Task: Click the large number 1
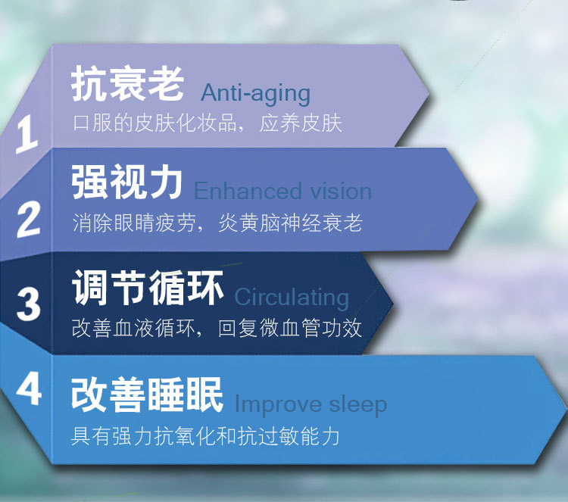(x=27, y=134)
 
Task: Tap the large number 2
(x=29, y=219)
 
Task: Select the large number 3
(x=29, y=304)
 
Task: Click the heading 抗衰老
(x=127, y=84)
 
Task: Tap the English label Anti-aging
(x=256, y=93)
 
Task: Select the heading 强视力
(x=126, y=182)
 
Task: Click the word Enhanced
(x=248, y=191)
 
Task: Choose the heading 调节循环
(x=148, y=288)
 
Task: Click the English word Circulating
(x=292, y=298)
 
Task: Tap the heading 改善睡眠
(x=147, y=394)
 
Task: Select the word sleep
(x=358, y=405)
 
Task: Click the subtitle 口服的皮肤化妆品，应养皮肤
(x=208, y=123)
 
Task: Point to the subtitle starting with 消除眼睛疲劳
(x=217, y=223)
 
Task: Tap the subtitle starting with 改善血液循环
(x=217, y=328)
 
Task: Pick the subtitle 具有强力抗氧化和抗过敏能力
(x=205, y=435)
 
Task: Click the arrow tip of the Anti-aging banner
(x=429, y=95)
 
